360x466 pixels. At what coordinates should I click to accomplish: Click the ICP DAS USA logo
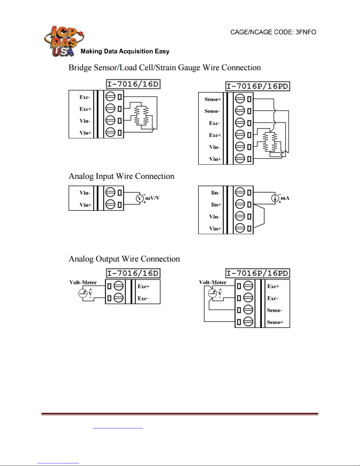(x=64, y=41)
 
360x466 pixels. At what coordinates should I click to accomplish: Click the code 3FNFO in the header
(x=306, y=32)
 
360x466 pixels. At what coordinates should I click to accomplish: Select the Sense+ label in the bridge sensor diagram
(x=212, y=99)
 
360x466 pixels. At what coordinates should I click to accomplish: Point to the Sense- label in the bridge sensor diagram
(x=212, y=111)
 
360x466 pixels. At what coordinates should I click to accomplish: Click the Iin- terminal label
(x=216, y=193)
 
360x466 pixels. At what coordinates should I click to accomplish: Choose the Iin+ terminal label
(x=216, y=205)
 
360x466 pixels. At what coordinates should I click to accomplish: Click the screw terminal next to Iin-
(x=240, y=192)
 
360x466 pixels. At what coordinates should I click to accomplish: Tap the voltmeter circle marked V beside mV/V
(x=140, y=198)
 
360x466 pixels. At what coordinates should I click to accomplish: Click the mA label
(x=285, y=198)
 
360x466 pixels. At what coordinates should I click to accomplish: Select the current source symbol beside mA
(x=275, y=198)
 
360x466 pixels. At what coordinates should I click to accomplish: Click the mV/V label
(x=153, y=198)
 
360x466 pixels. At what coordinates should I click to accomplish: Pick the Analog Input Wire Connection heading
(x=121, y=176)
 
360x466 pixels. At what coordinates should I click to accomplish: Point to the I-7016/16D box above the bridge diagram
(x=133, y=84)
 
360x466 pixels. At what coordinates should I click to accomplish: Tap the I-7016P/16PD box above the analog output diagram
(x=257, y=273)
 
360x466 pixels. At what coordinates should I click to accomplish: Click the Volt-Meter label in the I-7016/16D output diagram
(x=83, y=283)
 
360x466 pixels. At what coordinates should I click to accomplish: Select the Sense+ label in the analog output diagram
(x=275, y=322)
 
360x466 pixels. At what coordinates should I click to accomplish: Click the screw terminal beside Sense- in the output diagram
(x=248, y=310)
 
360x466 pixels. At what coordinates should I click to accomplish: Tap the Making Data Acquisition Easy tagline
(x=125, y=51)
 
